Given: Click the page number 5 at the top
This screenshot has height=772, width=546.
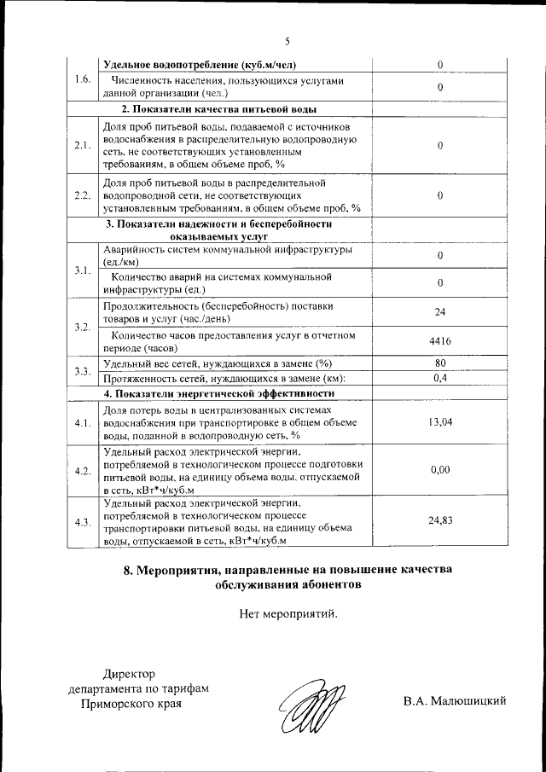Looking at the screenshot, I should point(288,41).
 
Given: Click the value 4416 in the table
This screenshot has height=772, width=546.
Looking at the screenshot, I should point(440,341).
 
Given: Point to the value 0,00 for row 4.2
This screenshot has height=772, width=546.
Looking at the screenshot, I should point(440,470).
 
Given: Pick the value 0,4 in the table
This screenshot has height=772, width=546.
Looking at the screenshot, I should point(440,378).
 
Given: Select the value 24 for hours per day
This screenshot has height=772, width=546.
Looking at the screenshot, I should point(440,311).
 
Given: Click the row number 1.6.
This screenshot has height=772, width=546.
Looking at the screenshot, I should point(83,79).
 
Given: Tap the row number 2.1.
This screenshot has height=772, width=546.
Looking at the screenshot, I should point(83,145).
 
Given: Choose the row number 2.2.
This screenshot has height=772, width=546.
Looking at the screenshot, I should point(83,195).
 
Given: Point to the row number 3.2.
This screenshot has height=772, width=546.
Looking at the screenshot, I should point(83,327).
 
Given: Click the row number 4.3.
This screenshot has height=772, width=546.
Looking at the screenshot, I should point(83,521).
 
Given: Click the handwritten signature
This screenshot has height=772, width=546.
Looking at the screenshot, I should point(312,705).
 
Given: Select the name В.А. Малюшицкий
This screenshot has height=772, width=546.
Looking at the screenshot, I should point(456,701).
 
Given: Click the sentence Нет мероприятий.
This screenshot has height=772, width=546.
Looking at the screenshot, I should point(288,612).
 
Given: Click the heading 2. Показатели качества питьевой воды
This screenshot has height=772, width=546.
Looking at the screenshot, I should point(218,109).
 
